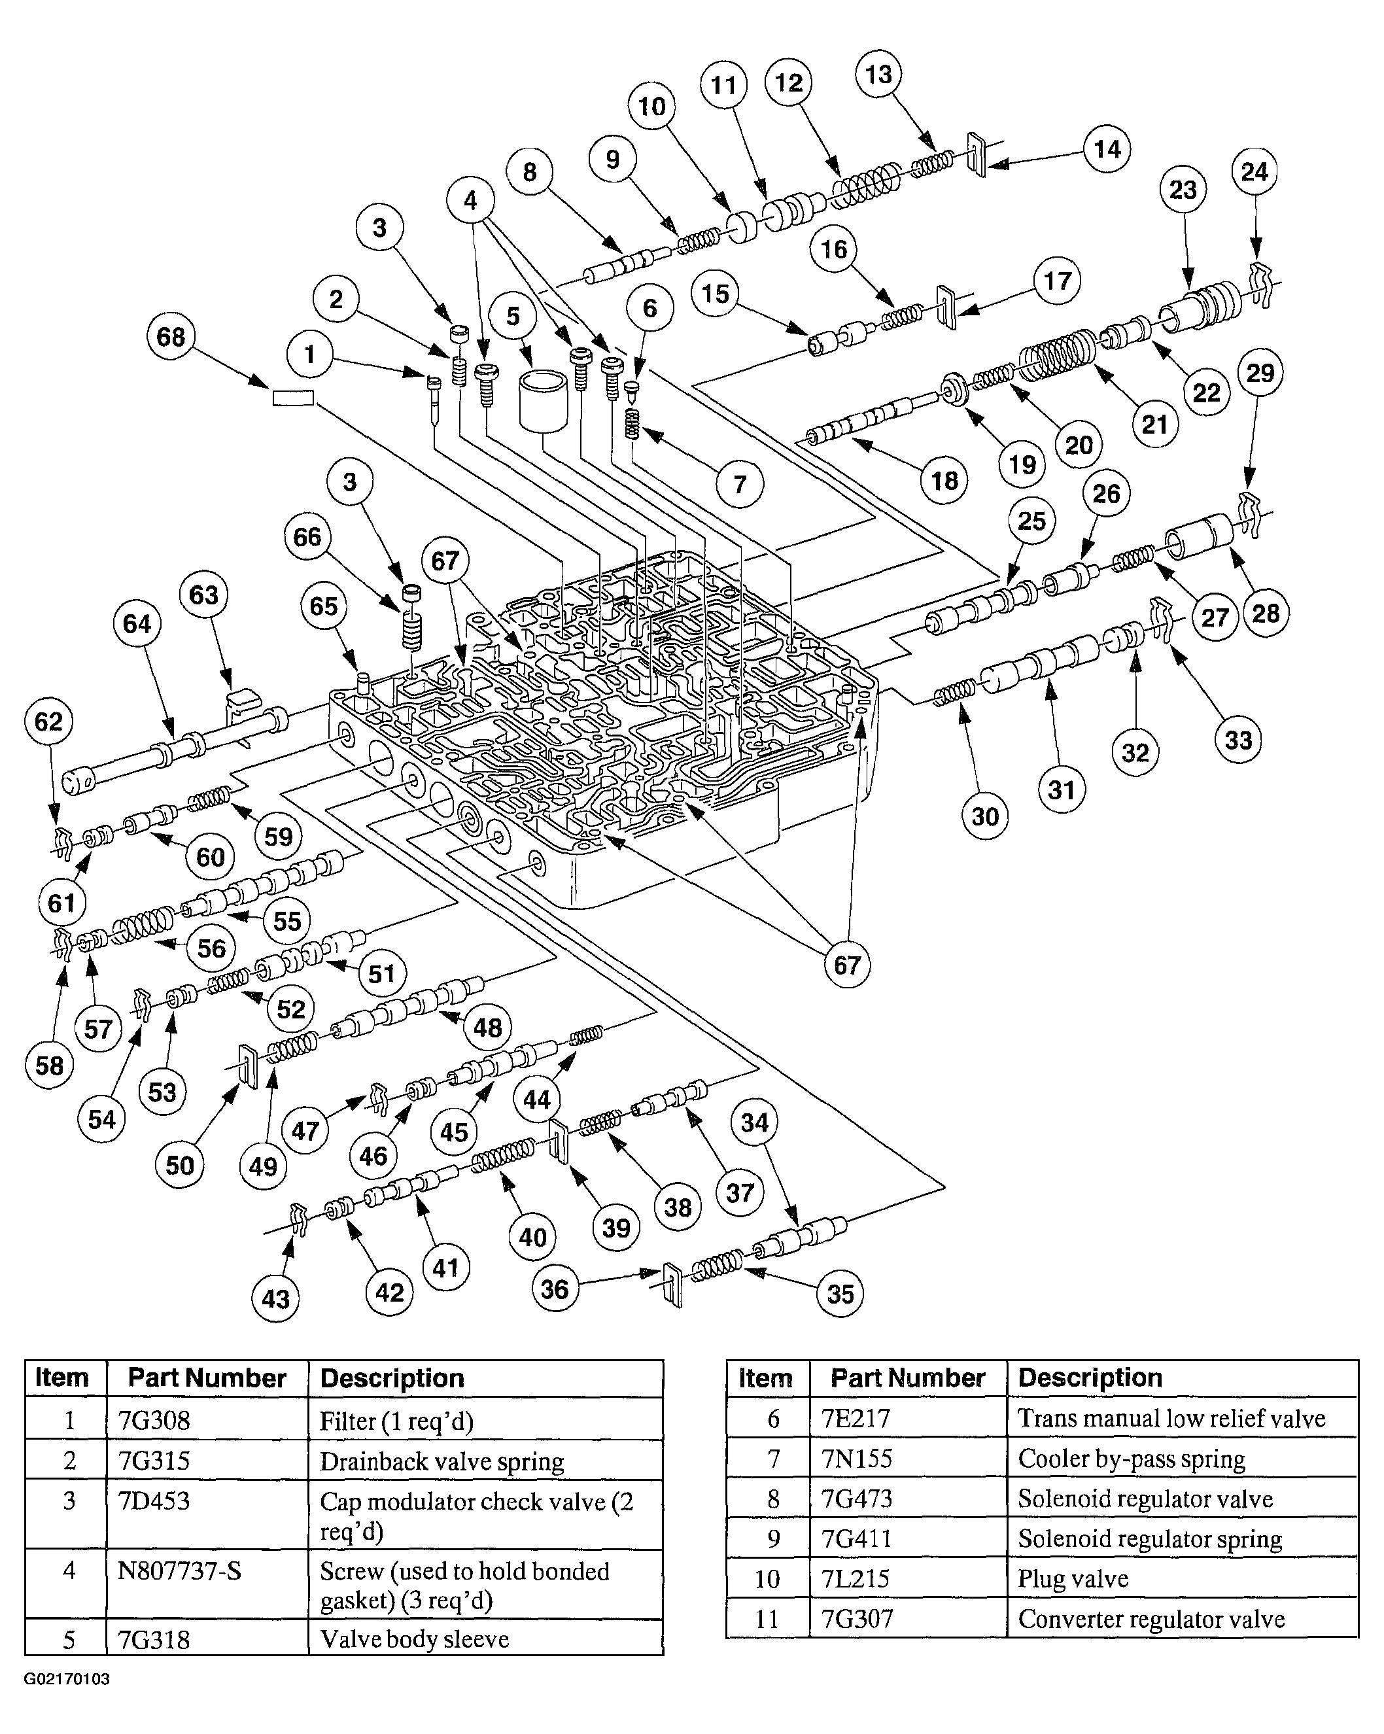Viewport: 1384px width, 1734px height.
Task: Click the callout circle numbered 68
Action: (171, 336)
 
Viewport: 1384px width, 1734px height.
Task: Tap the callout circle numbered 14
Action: (1107, 148)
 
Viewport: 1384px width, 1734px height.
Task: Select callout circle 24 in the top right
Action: (1254, 171)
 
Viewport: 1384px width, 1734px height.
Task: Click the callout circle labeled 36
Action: (555, 1289)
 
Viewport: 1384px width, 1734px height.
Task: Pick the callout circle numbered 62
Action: (48, 721)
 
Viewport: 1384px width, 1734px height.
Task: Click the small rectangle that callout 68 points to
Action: (293, 397)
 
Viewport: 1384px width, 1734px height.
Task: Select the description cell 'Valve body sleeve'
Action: (414, 1639)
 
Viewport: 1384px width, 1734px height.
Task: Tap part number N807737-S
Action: (179, 1570)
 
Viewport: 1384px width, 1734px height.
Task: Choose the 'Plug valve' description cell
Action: (1073, 1579)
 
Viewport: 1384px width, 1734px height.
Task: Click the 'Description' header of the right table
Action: (1090, 1378)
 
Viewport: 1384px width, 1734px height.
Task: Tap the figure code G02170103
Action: (67, 1679)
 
